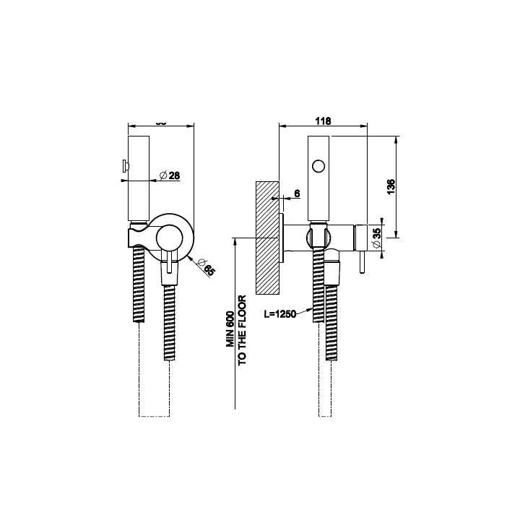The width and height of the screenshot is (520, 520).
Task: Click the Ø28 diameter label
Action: pos(170,175)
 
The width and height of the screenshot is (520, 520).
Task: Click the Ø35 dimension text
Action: pos(377,238)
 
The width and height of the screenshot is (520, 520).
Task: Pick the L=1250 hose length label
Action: pos(281,315)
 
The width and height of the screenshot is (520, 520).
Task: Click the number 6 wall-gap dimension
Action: pos(297,193)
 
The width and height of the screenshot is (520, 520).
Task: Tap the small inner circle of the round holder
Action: pos(170,238)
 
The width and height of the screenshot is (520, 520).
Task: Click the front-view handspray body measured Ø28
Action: pos(138,181)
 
